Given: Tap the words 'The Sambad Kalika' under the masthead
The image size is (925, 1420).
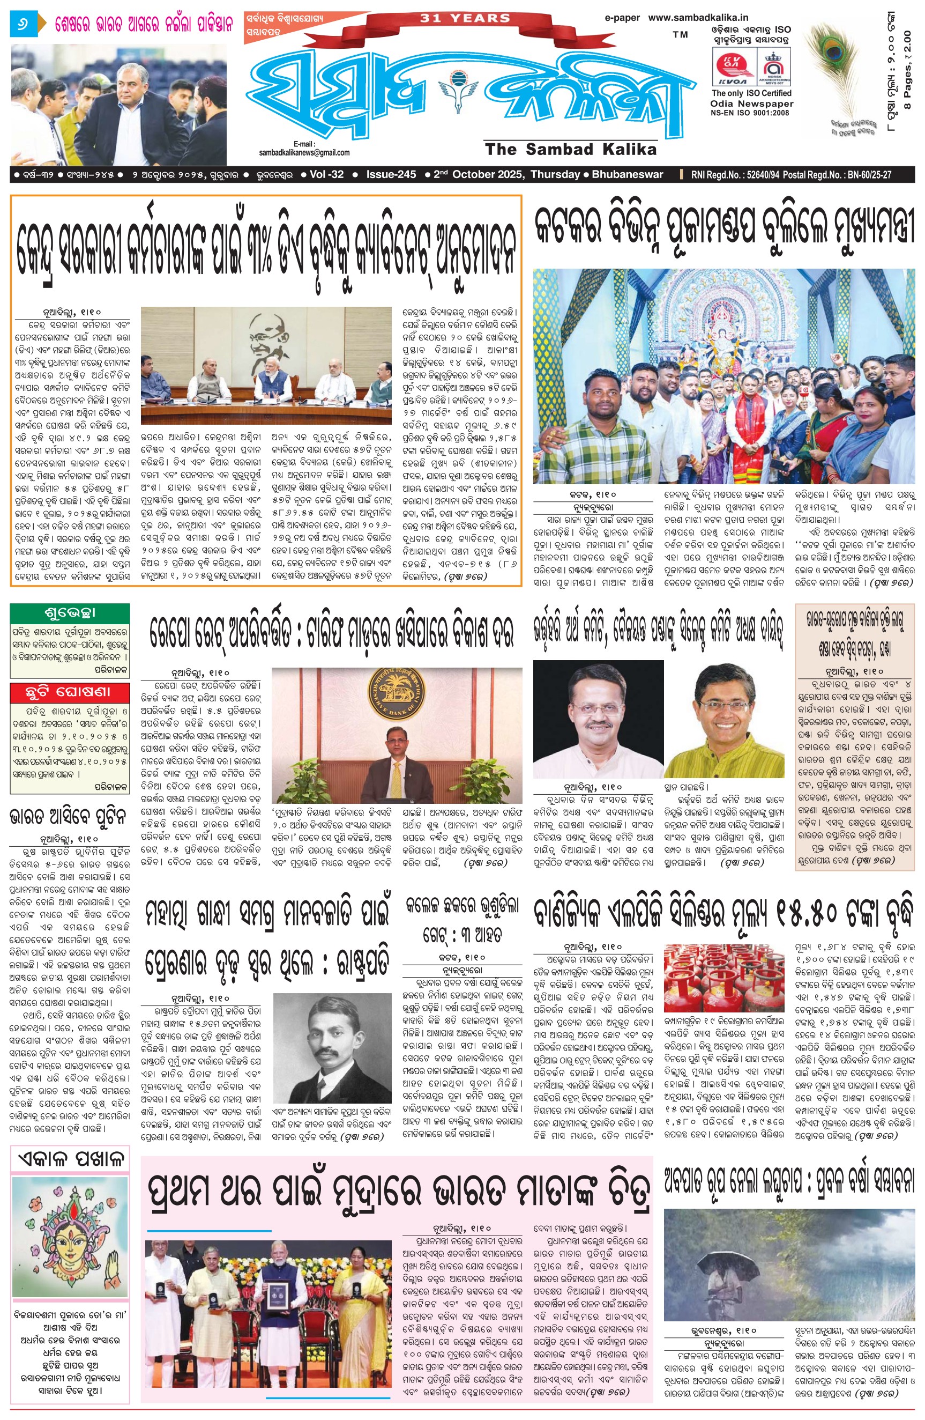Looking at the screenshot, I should coord(571,149).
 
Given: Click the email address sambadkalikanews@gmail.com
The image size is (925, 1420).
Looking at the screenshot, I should coord(304,153).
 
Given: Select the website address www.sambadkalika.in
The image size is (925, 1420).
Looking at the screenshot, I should coord(698,18).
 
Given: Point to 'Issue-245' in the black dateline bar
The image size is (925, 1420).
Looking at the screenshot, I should coord(391,175).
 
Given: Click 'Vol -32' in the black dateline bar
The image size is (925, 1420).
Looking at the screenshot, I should coord(327,175).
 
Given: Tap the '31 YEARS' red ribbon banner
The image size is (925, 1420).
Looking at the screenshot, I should coord(465,18).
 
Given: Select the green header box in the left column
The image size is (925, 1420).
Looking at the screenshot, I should coord(70,613).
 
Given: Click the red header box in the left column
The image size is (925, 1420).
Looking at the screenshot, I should coord(70,692).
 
